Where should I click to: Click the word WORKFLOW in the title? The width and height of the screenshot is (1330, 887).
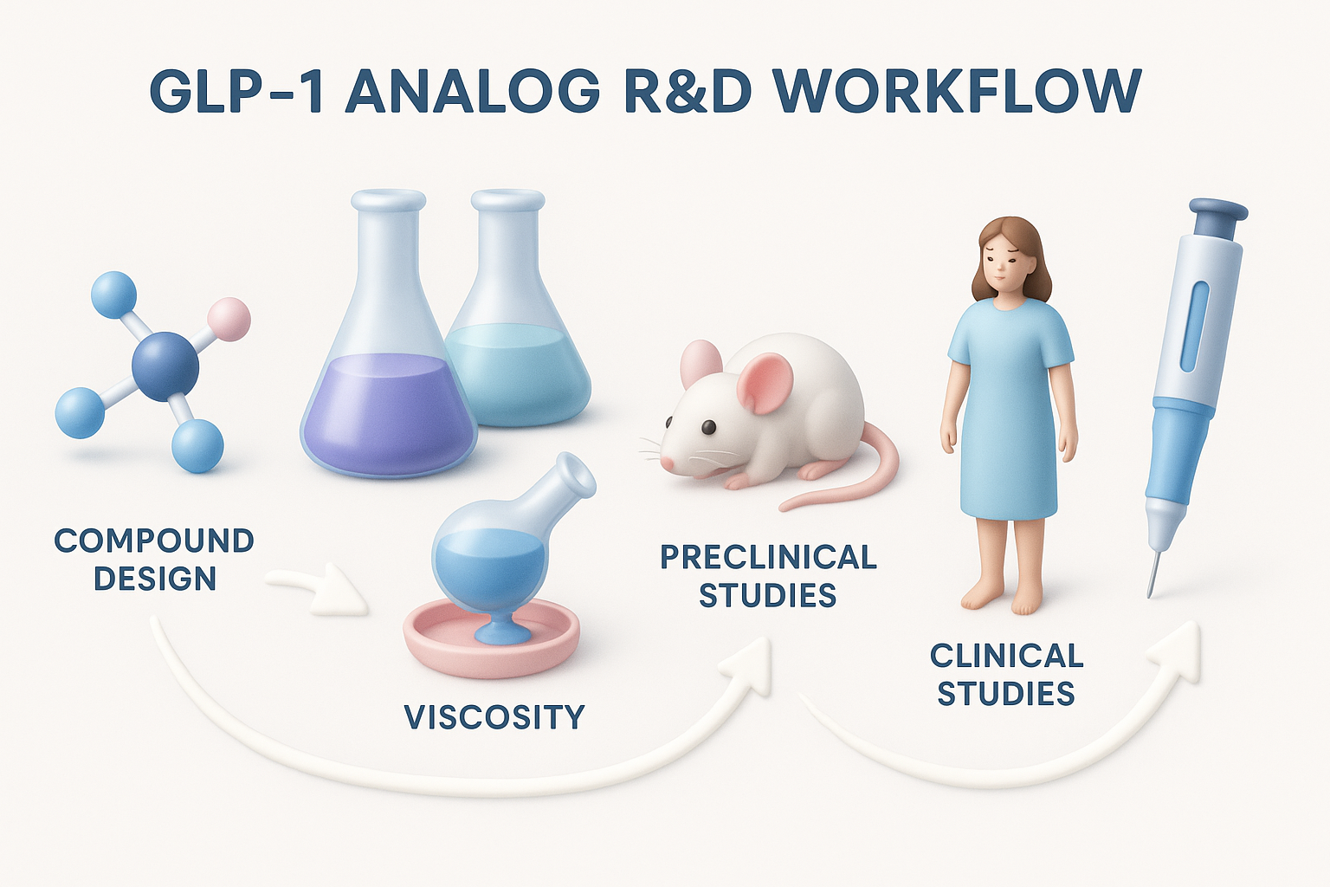tap(956, 91)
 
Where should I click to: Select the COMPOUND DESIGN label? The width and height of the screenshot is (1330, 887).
tap(154, 560)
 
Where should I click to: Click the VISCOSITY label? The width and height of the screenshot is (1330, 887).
tap(494, 717)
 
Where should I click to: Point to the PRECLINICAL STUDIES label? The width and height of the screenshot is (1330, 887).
tap(768, 576)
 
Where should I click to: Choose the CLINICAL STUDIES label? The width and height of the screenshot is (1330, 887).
tap(1006, 675)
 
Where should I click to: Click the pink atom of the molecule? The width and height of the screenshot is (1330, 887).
tap(229, 319)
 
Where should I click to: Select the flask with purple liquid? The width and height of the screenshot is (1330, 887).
tap(387, 381)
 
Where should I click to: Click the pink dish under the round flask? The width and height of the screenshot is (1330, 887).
tap(490, 645)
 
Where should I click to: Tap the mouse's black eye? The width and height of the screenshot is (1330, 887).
tap(708, 427)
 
